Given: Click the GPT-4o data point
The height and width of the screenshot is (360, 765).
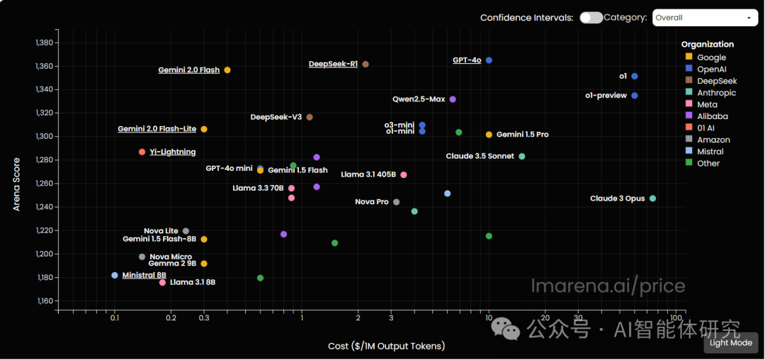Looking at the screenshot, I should (x=489, y=60).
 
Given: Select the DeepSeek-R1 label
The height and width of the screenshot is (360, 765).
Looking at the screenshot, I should (x=333, y=64).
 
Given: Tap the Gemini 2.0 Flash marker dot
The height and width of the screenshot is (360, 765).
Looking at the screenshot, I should (x=227, y=70).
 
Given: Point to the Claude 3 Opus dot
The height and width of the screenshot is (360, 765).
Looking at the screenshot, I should (x=652, y=198).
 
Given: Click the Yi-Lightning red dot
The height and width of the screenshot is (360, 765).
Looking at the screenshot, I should (x=142, y=152).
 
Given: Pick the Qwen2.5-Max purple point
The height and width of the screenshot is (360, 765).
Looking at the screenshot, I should (x=453, y=99).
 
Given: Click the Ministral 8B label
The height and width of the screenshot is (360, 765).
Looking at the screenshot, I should (x=144, y=275).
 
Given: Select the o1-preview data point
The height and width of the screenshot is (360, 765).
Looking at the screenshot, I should (x=635, y=96).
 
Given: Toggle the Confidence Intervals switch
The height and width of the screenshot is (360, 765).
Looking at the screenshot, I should (x=591, y=18).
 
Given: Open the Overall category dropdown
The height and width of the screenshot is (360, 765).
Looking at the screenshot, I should (x=705, y=18).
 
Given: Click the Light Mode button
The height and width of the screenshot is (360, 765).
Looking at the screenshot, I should (x=731, y=342).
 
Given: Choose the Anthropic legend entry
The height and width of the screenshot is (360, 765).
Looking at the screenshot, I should (x=716, y=93).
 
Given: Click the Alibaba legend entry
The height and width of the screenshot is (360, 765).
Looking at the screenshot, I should (x=712, y=116).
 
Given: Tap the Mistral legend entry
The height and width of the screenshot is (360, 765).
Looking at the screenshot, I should (x=710, y=152).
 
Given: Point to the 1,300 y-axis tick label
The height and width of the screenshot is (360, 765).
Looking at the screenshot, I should (x=44, y=136).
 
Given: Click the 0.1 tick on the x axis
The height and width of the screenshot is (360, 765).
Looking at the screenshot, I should (x=115, y=318).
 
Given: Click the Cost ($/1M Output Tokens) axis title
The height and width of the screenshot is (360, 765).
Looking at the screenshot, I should (x=386, y=346).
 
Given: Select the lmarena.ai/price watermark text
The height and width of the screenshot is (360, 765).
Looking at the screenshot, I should (x=608, y=286).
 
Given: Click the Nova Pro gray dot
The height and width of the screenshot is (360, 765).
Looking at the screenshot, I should (x=396, y=202).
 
